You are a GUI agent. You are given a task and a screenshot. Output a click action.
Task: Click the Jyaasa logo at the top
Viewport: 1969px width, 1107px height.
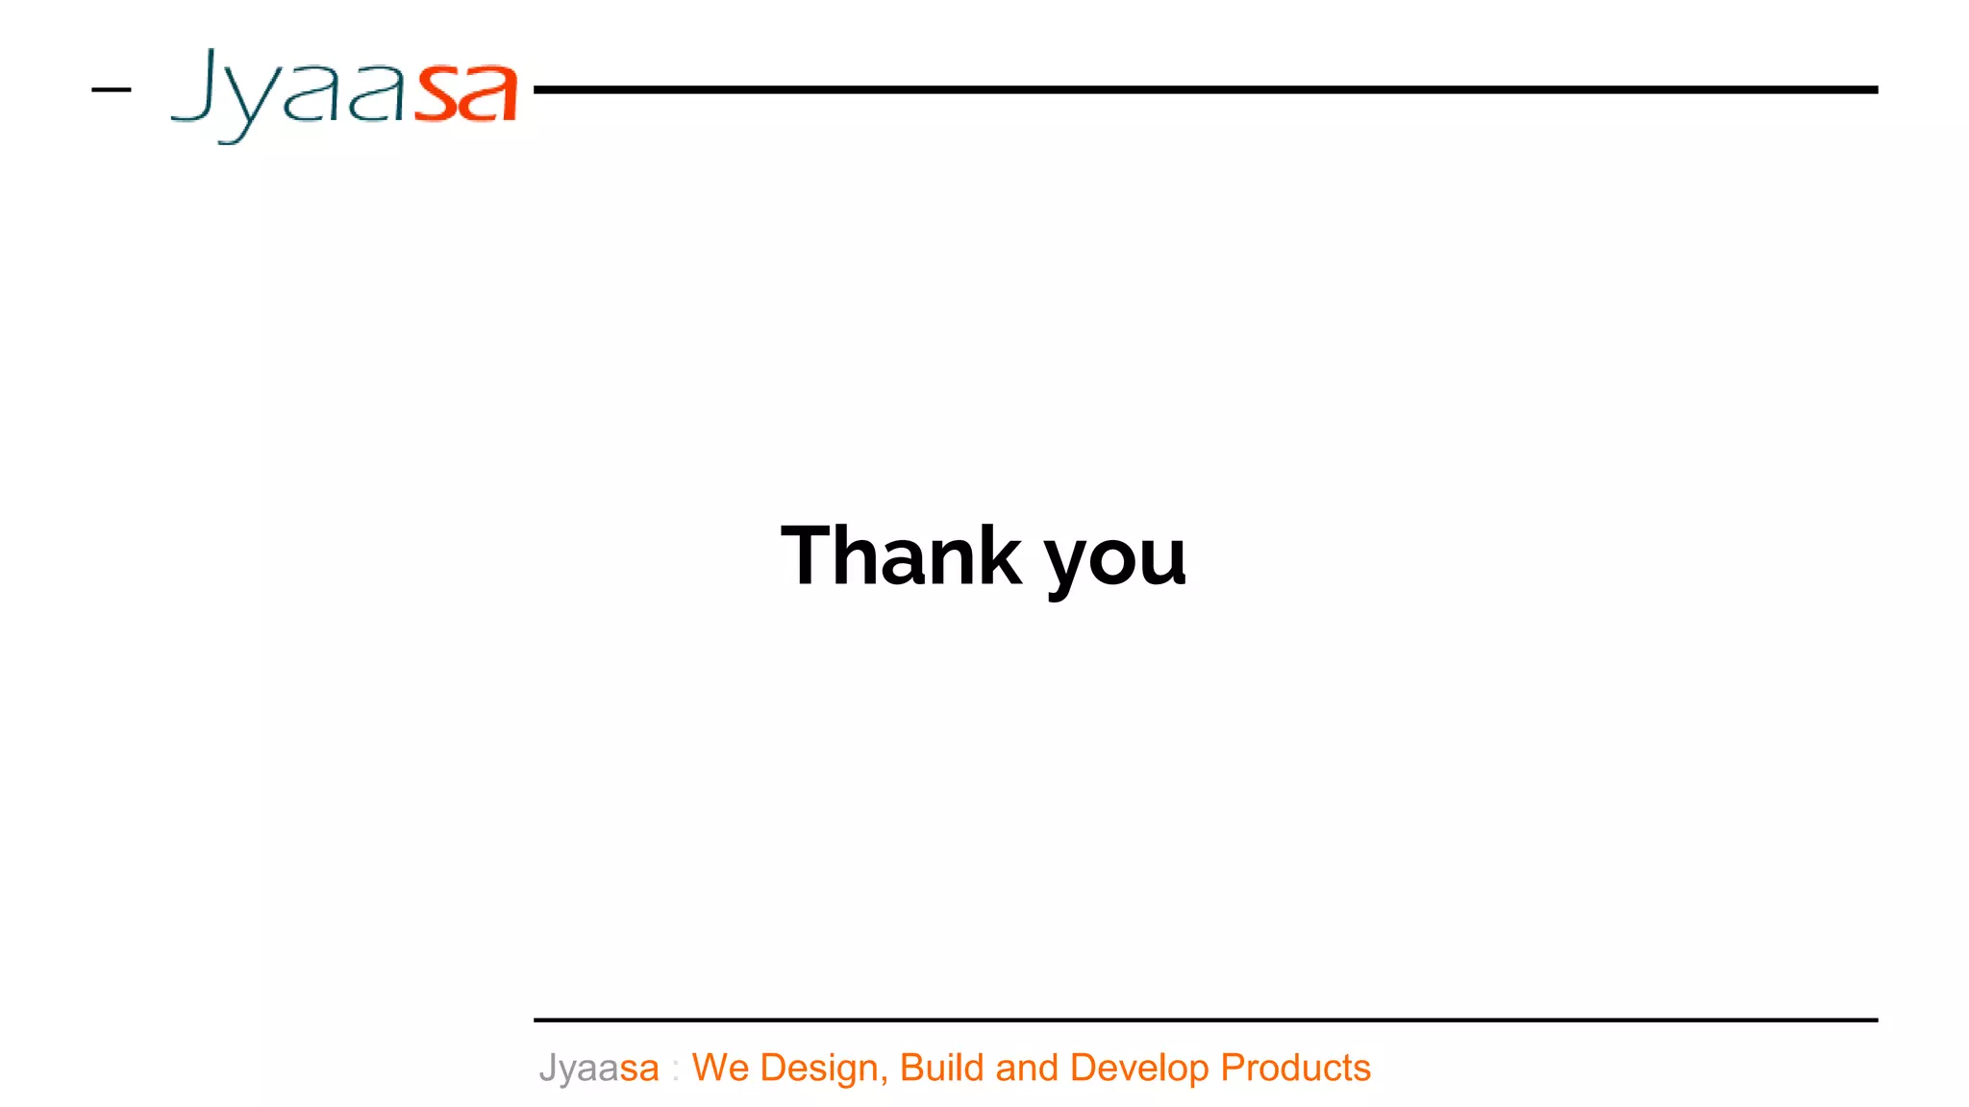point(343,94)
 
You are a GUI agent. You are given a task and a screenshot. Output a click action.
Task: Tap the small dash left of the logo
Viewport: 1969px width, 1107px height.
point(111,90)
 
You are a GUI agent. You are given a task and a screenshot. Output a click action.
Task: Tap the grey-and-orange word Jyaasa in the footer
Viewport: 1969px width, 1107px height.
point(598,1069)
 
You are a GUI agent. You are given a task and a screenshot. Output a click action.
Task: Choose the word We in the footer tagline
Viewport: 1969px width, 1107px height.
point(720,1068)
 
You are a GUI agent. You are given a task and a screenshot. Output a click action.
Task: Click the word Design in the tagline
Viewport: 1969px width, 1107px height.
point(818,1069)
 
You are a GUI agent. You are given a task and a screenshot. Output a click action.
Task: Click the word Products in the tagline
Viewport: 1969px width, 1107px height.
point(1295,1068)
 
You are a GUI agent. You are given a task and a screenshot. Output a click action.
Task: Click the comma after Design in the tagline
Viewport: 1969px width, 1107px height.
point(884,1080)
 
